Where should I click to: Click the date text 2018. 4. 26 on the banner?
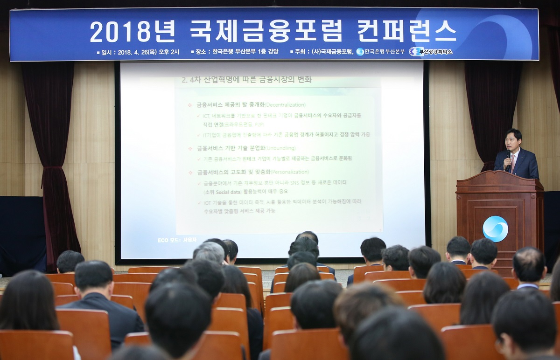click(136, 52)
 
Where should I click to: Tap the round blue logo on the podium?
click(495, 228)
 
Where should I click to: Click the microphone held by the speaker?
click(508, 155)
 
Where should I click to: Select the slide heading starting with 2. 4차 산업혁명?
click(247, 80)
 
